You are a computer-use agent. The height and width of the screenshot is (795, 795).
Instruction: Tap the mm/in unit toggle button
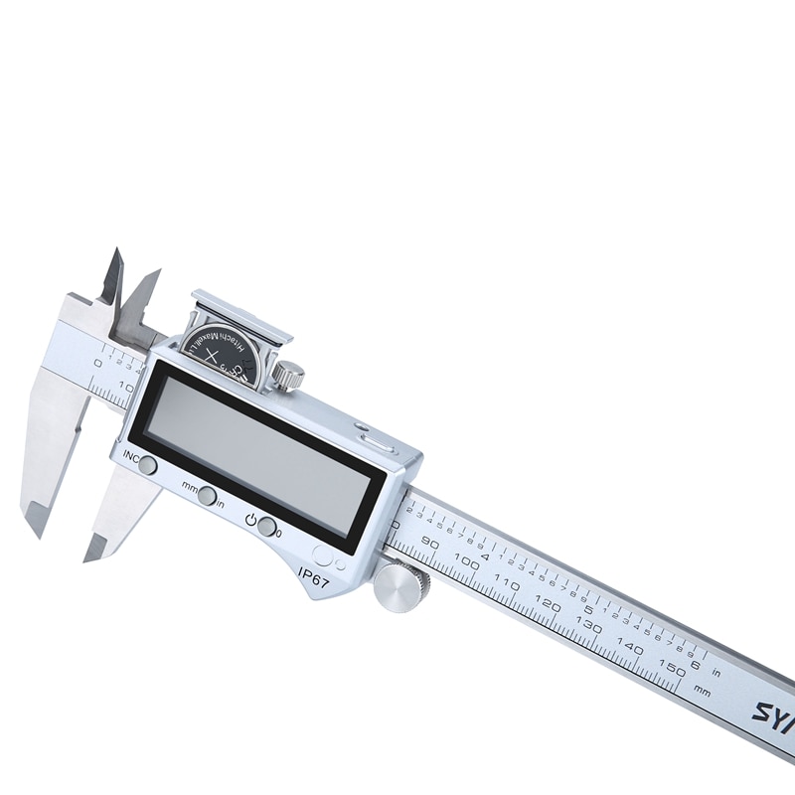[207, 496]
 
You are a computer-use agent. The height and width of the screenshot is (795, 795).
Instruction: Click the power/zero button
[267, 527]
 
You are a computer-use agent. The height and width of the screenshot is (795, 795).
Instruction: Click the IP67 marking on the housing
[313, 575]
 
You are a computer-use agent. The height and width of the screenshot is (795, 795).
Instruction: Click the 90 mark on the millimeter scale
[430, 543]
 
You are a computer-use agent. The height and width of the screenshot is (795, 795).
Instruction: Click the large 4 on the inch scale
[485, 555]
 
